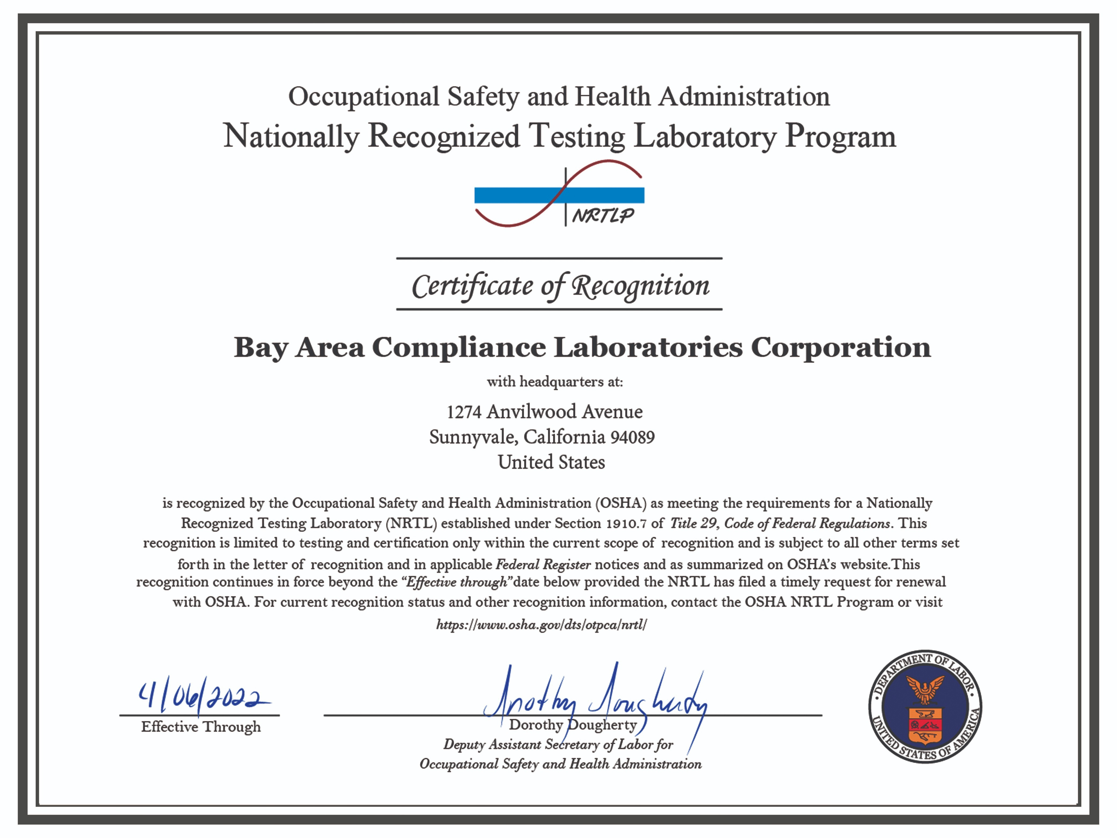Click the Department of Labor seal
tap(925, 706)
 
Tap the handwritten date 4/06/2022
tap(202, 697)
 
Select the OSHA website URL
tap(541, 625)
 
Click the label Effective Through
tap(201, 727)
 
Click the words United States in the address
tap(551, 462)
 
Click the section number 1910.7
tap(626, 523)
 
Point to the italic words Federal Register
tap(543, 564)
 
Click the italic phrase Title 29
tap(693, 523)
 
